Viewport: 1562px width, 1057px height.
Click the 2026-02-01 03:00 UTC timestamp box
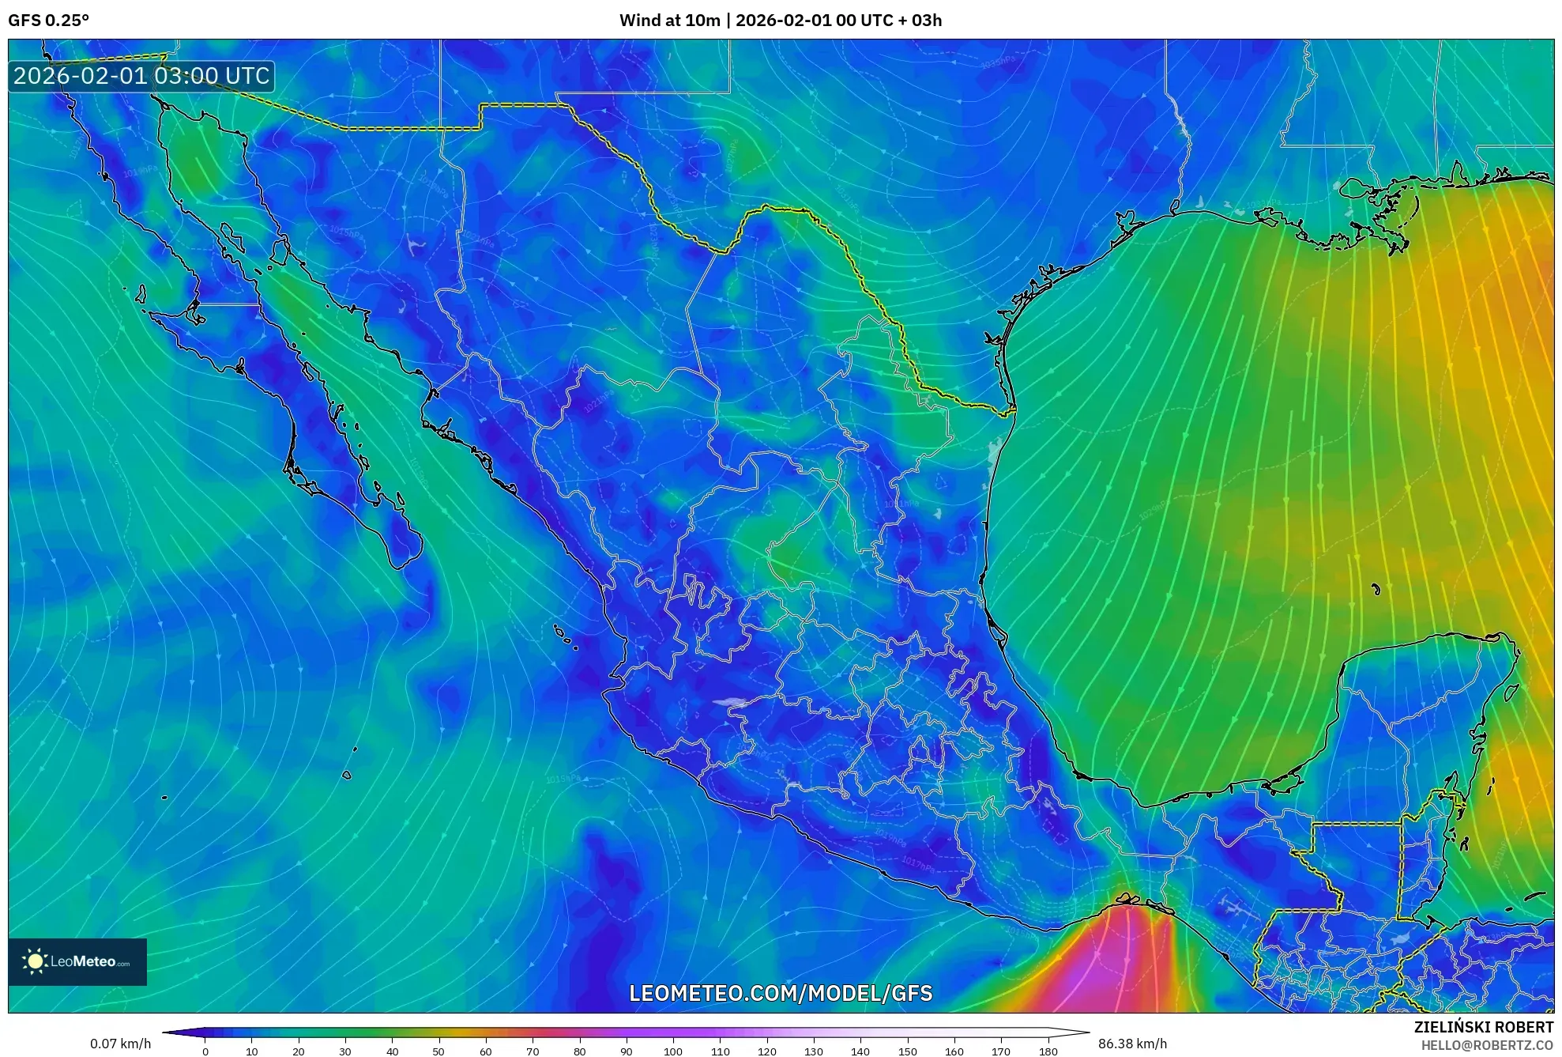pyautogui.click(x=141, y=77)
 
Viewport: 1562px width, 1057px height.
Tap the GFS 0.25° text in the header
pyautogui.click(x=48, y=21)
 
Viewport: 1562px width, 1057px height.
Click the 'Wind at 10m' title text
pyautogui.click(x=669, y=21)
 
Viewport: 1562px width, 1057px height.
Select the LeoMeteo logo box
pyautogui.click(x=77, y=961)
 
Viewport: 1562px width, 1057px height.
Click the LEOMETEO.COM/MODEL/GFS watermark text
pyautogui.click(x=781, y=993)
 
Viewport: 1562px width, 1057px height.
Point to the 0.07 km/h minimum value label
pyautogui.click(x=120, y=1044)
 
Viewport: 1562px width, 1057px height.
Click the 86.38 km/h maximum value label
pyautogui.click(x=1132, y=1044)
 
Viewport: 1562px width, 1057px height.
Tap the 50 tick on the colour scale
pyautogui.click(x=438, y=1051)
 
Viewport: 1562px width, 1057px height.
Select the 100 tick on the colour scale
pyautogui.click(x=673, y=1051)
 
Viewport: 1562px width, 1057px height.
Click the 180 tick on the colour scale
pyautogui.click(x=1048, y=1051)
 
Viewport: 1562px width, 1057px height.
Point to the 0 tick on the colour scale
pyautogui.click(x=205, y=1051)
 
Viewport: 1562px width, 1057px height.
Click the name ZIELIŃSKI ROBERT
pyautogui.click(x=1483, y=1027)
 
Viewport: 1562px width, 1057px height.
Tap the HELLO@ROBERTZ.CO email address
pyautogui.click(x=1487, y=1045)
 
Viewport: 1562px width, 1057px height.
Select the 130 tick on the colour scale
pyautogui.click(x=814, y=1051)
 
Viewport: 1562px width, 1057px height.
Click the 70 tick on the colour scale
pyautogui.click(x=533, y=1051)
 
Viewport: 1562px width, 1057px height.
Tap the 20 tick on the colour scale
pyautogui.click(x=299, y=1051)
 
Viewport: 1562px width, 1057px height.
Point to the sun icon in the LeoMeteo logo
pyautogui.click(x=35, y=961)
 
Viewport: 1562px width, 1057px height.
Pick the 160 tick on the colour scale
pyautogui.click(x=954, y=1051)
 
